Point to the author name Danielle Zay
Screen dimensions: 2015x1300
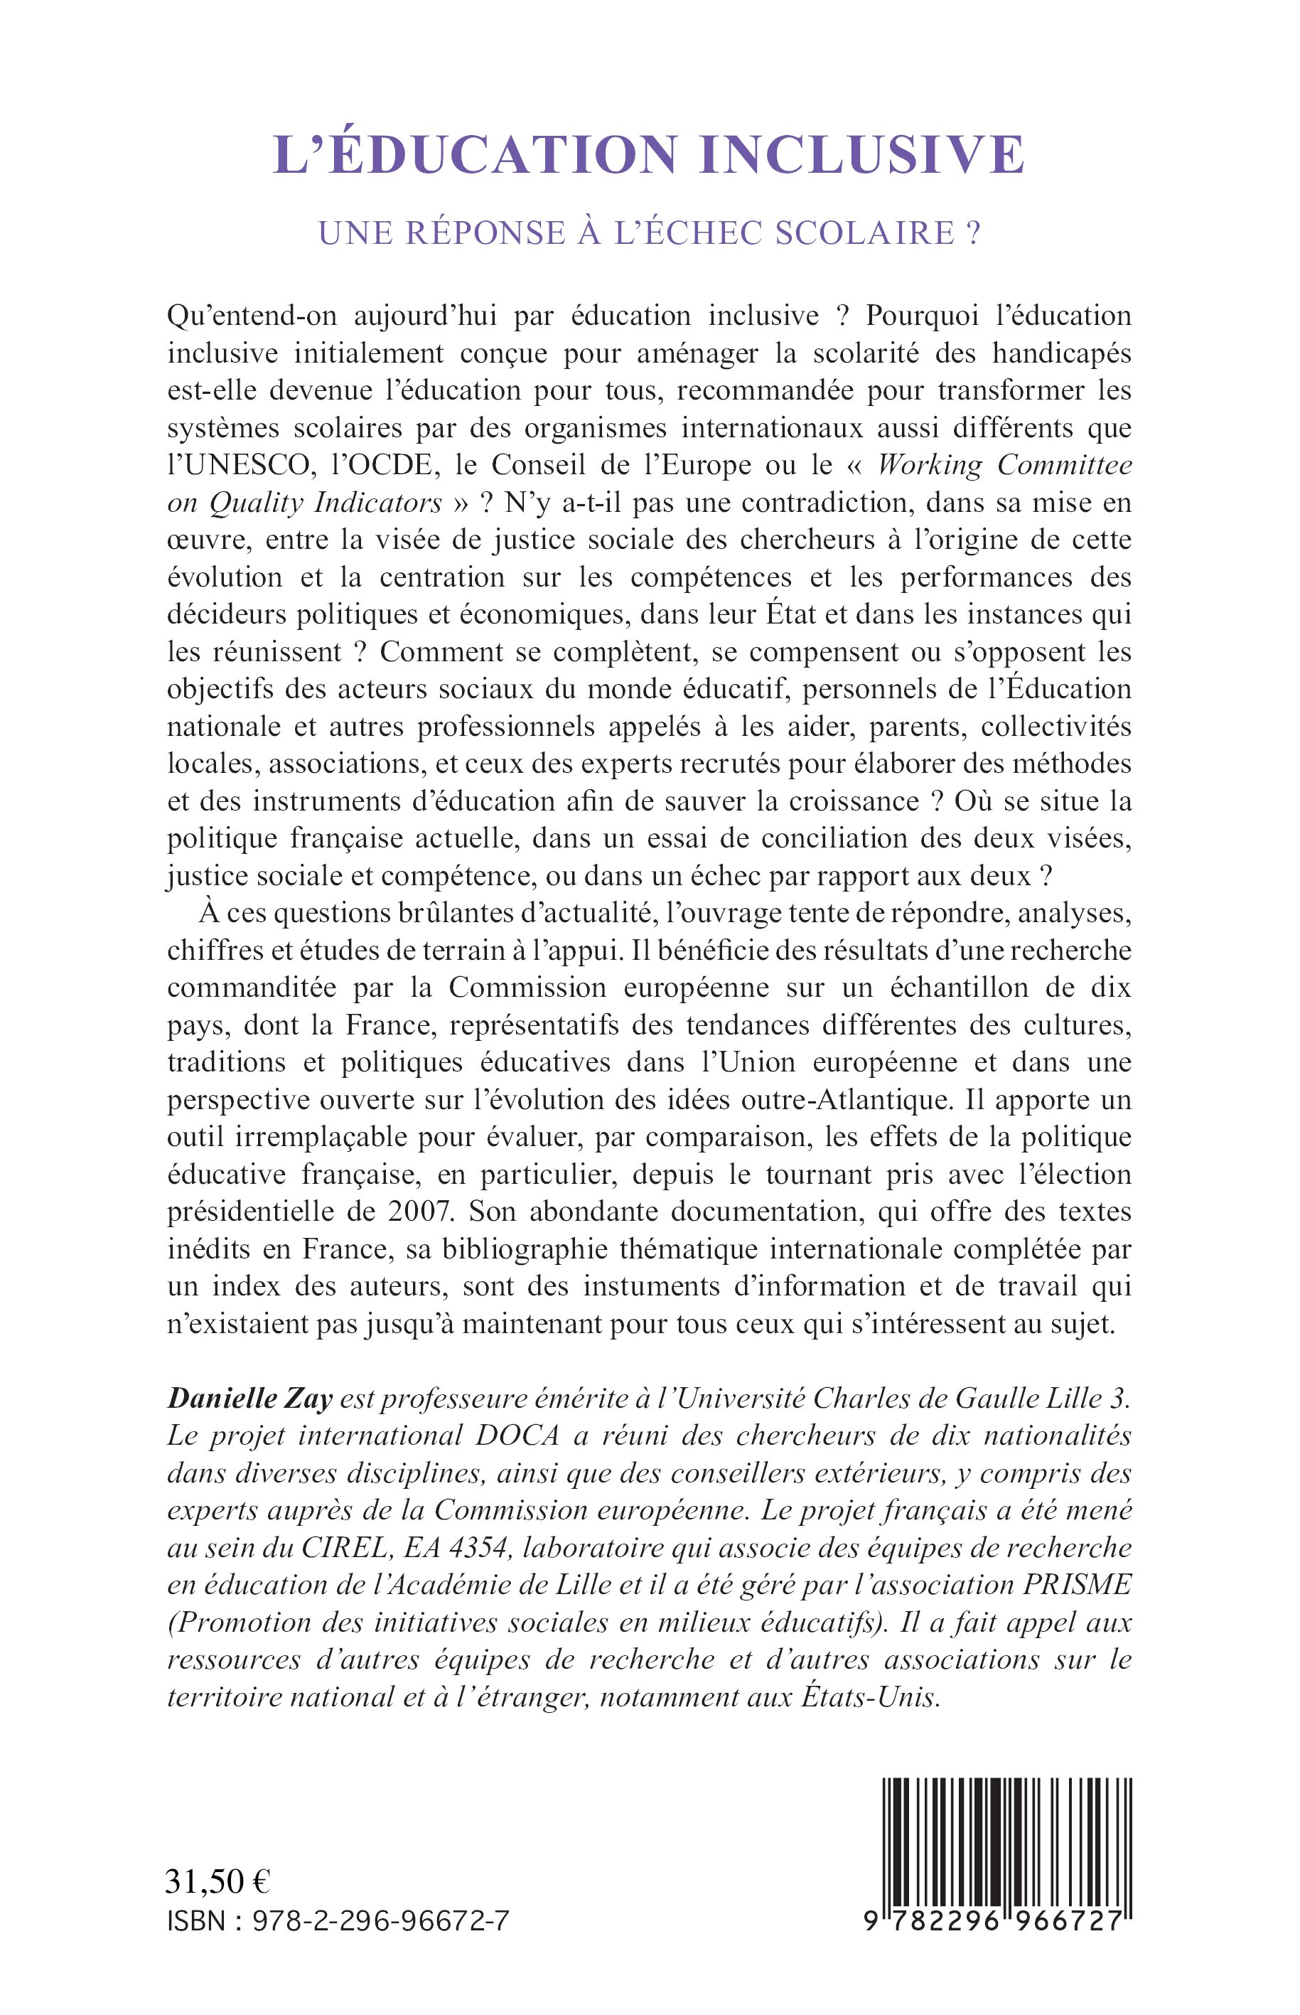pyautogui.click(x=250, y=1399)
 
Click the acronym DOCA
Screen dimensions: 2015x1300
pyautogui.click(x=515, y=1436)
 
